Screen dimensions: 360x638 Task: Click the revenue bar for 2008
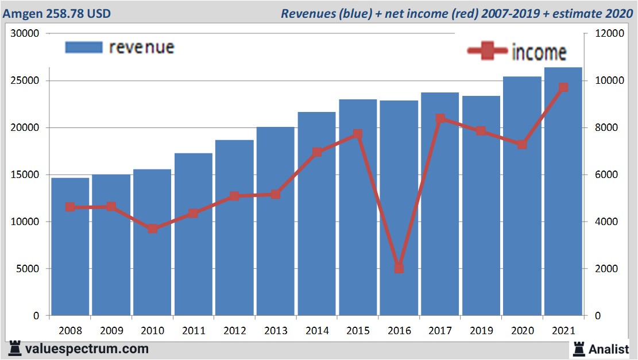(x=70, y=247)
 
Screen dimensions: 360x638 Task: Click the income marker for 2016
(x=399, y=268)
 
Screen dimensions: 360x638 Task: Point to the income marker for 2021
(x=563, y=87)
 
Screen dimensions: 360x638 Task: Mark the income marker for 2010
(x=153, y=229)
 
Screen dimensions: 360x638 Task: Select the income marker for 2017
(x=440, y=119)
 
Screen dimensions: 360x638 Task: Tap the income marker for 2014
(x=317, y=152)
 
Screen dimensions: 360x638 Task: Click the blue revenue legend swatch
(x=83, y=47)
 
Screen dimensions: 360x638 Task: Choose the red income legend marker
(x=487, y=52)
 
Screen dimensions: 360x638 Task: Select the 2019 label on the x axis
(x=481, y=331)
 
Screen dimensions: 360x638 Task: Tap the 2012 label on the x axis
(x=235, y=331)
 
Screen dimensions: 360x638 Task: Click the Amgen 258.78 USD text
(x=57, y=13)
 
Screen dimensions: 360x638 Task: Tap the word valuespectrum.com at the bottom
(x=87, y=349)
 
